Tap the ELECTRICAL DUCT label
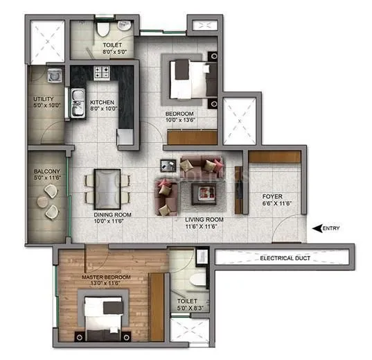tap(283, 258)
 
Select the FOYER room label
tap(272, 196)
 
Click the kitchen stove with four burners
tap(102, 71)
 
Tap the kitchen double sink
tap(76, 96)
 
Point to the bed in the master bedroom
tap(104, 316)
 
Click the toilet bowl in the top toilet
tap(103, 28)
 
